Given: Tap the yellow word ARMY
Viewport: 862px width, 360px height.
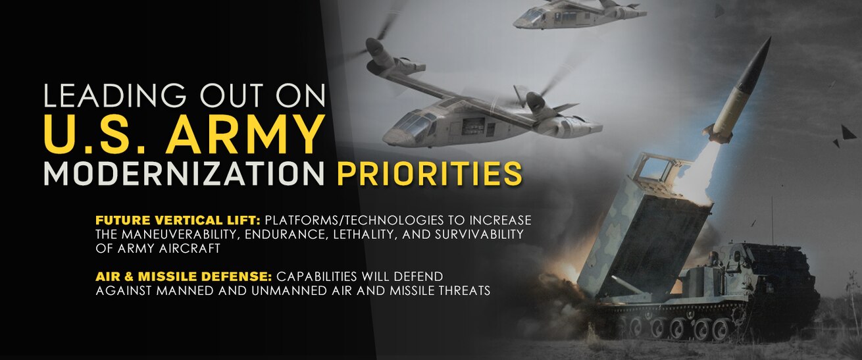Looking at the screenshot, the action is click(x=244, y=134).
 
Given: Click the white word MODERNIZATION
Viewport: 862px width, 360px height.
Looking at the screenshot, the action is click(x=184, y=174).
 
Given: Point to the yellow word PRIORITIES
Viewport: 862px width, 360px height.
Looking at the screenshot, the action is click(x=430, y=174).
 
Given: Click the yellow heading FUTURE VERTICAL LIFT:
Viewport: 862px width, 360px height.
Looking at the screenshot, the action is click(x=178, y=220).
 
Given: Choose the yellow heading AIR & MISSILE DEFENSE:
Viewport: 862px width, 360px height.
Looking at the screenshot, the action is click(x=184, y=276).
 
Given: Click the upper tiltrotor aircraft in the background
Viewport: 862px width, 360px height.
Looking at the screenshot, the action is click(x=577, y=14).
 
